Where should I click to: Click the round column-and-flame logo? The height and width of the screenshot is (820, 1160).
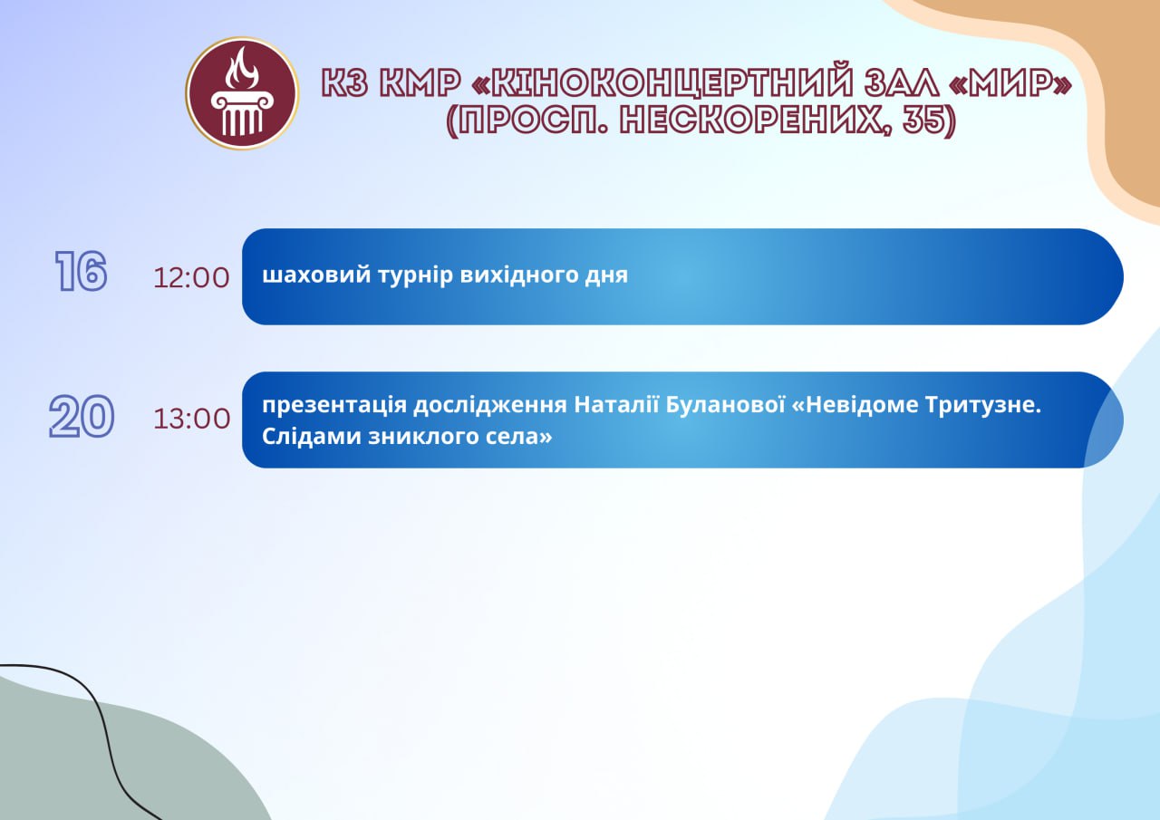point(242,93)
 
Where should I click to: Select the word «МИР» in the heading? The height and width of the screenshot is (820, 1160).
point(1010,82)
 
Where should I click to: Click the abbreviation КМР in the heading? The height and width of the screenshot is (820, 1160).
point(420,82)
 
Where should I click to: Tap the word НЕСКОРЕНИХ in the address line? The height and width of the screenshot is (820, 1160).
point(756,121)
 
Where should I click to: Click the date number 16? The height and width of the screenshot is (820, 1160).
point(82,271)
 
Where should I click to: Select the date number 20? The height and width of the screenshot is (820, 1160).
point(82,416)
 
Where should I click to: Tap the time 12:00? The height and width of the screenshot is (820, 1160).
point(191,278)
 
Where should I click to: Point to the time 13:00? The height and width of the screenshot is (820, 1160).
point(191,419)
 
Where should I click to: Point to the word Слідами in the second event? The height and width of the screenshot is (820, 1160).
point(311,436)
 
